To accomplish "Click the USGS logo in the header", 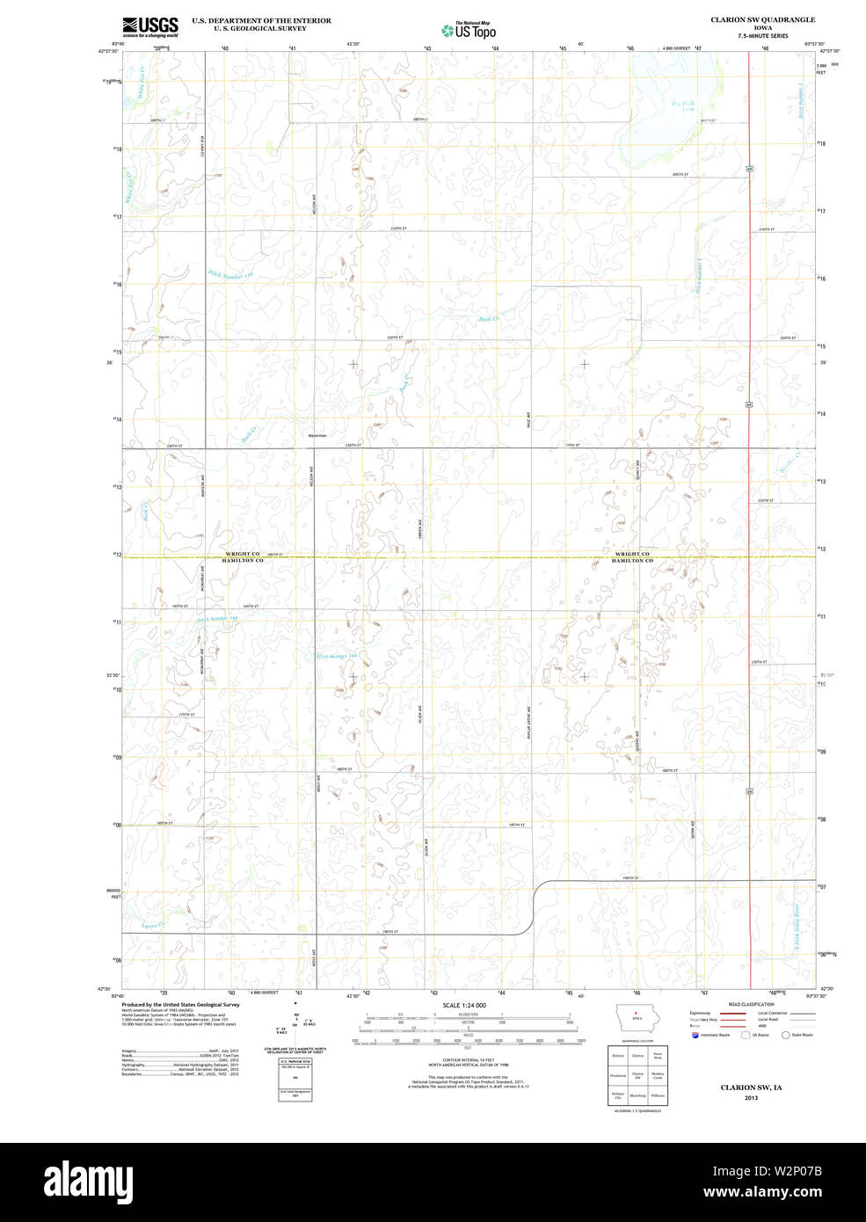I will [x=150, y=25].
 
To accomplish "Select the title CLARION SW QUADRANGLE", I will [x=762, y=19].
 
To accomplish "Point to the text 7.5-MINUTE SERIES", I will [x=762, y=36].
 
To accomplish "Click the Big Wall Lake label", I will [x=683, y=106].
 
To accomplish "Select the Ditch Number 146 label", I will [x=230, y=275].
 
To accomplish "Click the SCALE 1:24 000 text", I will [x=464, y=1005].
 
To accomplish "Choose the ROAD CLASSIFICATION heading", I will [x=752, y=1004].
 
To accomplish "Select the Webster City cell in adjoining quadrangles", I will [x=617, y=1095].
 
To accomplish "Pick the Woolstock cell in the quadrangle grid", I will [x=617, y=1075].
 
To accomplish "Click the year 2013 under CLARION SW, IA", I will [x=751, y=1098].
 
